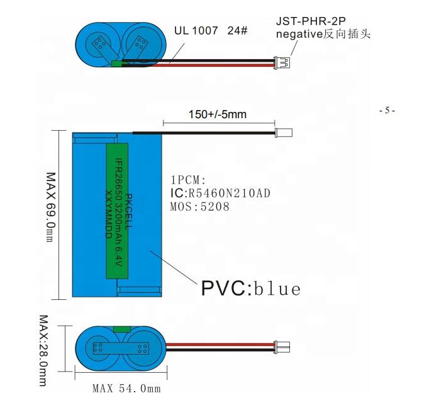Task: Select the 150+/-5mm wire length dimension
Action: coord(217,114)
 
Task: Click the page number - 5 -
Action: coord(387,111)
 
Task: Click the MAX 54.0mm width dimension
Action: coord(126,389)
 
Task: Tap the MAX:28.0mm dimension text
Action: coord(43,350)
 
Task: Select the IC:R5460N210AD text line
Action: coord(220,193)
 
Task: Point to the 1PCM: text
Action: coord(189,180)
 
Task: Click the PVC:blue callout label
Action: coord(250,289)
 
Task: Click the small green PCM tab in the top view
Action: coord(116,63)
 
